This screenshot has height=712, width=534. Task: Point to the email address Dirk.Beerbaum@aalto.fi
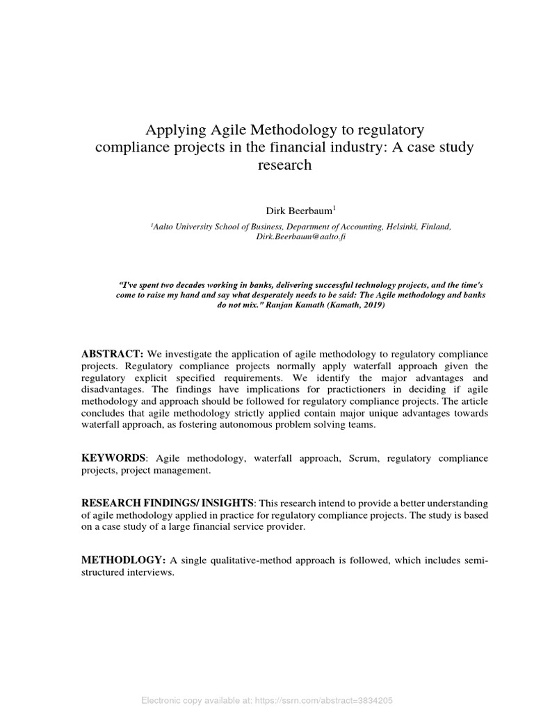301,236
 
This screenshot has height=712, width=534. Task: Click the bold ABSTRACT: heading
112,355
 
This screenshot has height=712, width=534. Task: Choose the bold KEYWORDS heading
114,459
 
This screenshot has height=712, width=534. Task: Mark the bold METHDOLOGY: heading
123,560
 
